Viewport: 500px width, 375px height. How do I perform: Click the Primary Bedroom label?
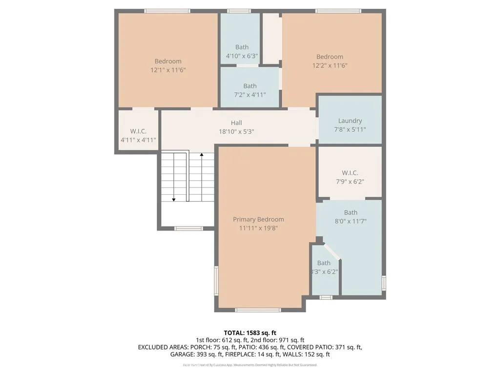click(x=258, y=219)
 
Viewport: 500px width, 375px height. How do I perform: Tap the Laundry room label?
click(x=350, y=121)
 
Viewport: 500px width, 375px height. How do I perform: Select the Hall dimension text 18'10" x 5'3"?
click(x=236, y=131)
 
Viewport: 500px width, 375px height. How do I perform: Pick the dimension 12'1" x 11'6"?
click(x=168, y=70)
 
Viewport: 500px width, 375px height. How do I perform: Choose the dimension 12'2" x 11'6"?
click(x=330, y=65)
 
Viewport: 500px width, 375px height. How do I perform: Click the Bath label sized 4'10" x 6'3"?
click(x=242, y=47)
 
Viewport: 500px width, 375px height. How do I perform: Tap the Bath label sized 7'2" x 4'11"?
click(x=250, y=86)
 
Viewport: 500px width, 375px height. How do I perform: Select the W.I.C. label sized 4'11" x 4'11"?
click(x=138, y=131)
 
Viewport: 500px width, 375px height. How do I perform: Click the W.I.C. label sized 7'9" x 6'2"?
click(x=350, y=173)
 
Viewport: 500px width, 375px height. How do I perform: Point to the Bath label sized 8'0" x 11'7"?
click(x=350, y=212)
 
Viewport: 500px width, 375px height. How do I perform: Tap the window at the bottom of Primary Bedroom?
click(x=258, y=310)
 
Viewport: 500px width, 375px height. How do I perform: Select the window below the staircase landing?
click(x=188, y=228)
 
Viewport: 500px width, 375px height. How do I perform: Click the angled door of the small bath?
click(x=332, y=250)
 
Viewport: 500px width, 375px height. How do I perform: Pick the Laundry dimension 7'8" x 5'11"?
click(x=350, y=129)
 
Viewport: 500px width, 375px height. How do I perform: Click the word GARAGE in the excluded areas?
click(x=182, y=354)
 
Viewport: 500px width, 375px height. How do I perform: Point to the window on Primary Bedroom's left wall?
click(x=217, y=281)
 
